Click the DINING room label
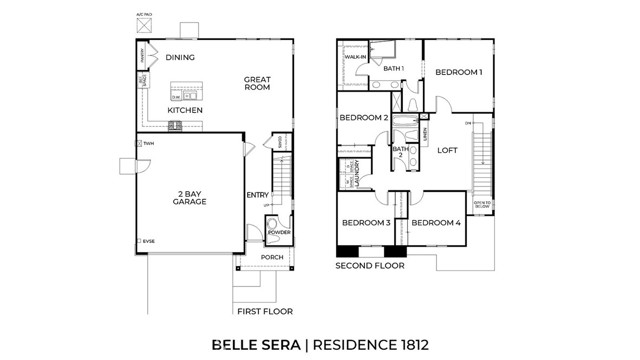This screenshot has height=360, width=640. (180, 58)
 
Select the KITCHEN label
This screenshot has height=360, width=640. (184, 110)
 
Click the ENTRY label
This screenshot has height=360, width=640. (258, 195)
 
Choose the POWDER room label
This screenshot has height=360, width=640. (278, 232)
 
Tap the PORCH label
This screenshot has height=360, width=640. (271, 257)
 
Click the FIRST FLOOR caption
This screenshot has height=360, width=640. (265, 312)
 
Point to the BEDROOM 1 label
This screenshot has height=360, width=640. (459, 72)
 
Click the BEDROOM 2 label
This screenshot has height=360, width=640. (362, 118)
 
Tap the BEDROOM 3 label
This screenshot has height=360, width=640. (365, 222)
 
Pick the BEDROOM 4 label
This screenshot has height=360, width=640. (436, 222)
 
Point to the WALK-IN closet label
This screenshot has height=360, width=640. (355, 58)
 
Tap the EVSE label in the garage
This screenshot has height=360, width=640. (149, 240)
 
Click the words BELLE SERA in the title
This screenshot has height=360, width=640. (254, 344)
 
